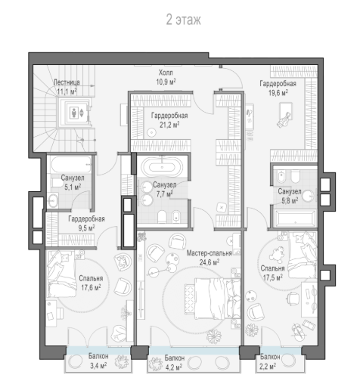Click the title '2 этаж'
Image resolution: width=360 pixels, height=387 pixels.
(183, 20)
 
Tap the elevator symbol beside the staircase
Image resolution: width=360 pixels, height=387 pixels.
(76, 113)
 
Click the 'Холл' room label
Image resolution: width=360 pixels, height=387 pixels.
(166, 73)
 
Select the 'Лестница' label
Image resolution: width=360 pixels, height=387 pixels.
(67, 82)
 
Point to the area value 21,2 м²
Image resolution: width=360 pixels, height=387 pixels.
(169, 125)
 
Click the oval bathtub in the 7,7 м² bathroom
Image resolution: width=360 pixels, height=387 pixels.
(162, 167)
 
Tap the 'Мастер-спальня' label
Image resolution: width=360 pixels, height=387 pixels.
(209, 253)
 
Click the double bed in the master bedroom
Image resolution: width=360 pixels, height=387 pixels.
(213, 298)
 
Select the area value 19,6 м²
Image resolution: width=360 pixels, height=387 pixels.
(278, 93)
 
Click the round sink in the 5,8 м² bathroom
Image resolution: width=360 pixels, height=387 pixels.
(309, 196)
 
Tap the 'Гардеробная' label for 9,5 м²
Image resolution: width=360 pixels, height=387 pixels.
(86, 218)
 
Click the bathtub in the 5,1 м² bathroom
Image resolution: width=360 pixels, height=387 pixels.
(70, 164)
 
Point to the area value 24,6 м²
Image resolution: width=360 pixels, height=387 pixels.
(209, 262)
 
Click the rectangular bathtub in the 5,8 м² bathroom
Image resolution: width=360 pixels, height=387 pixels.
(294, 218)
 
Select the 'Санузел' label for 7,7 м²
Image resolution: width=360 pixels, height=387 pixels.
(165, 184)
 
